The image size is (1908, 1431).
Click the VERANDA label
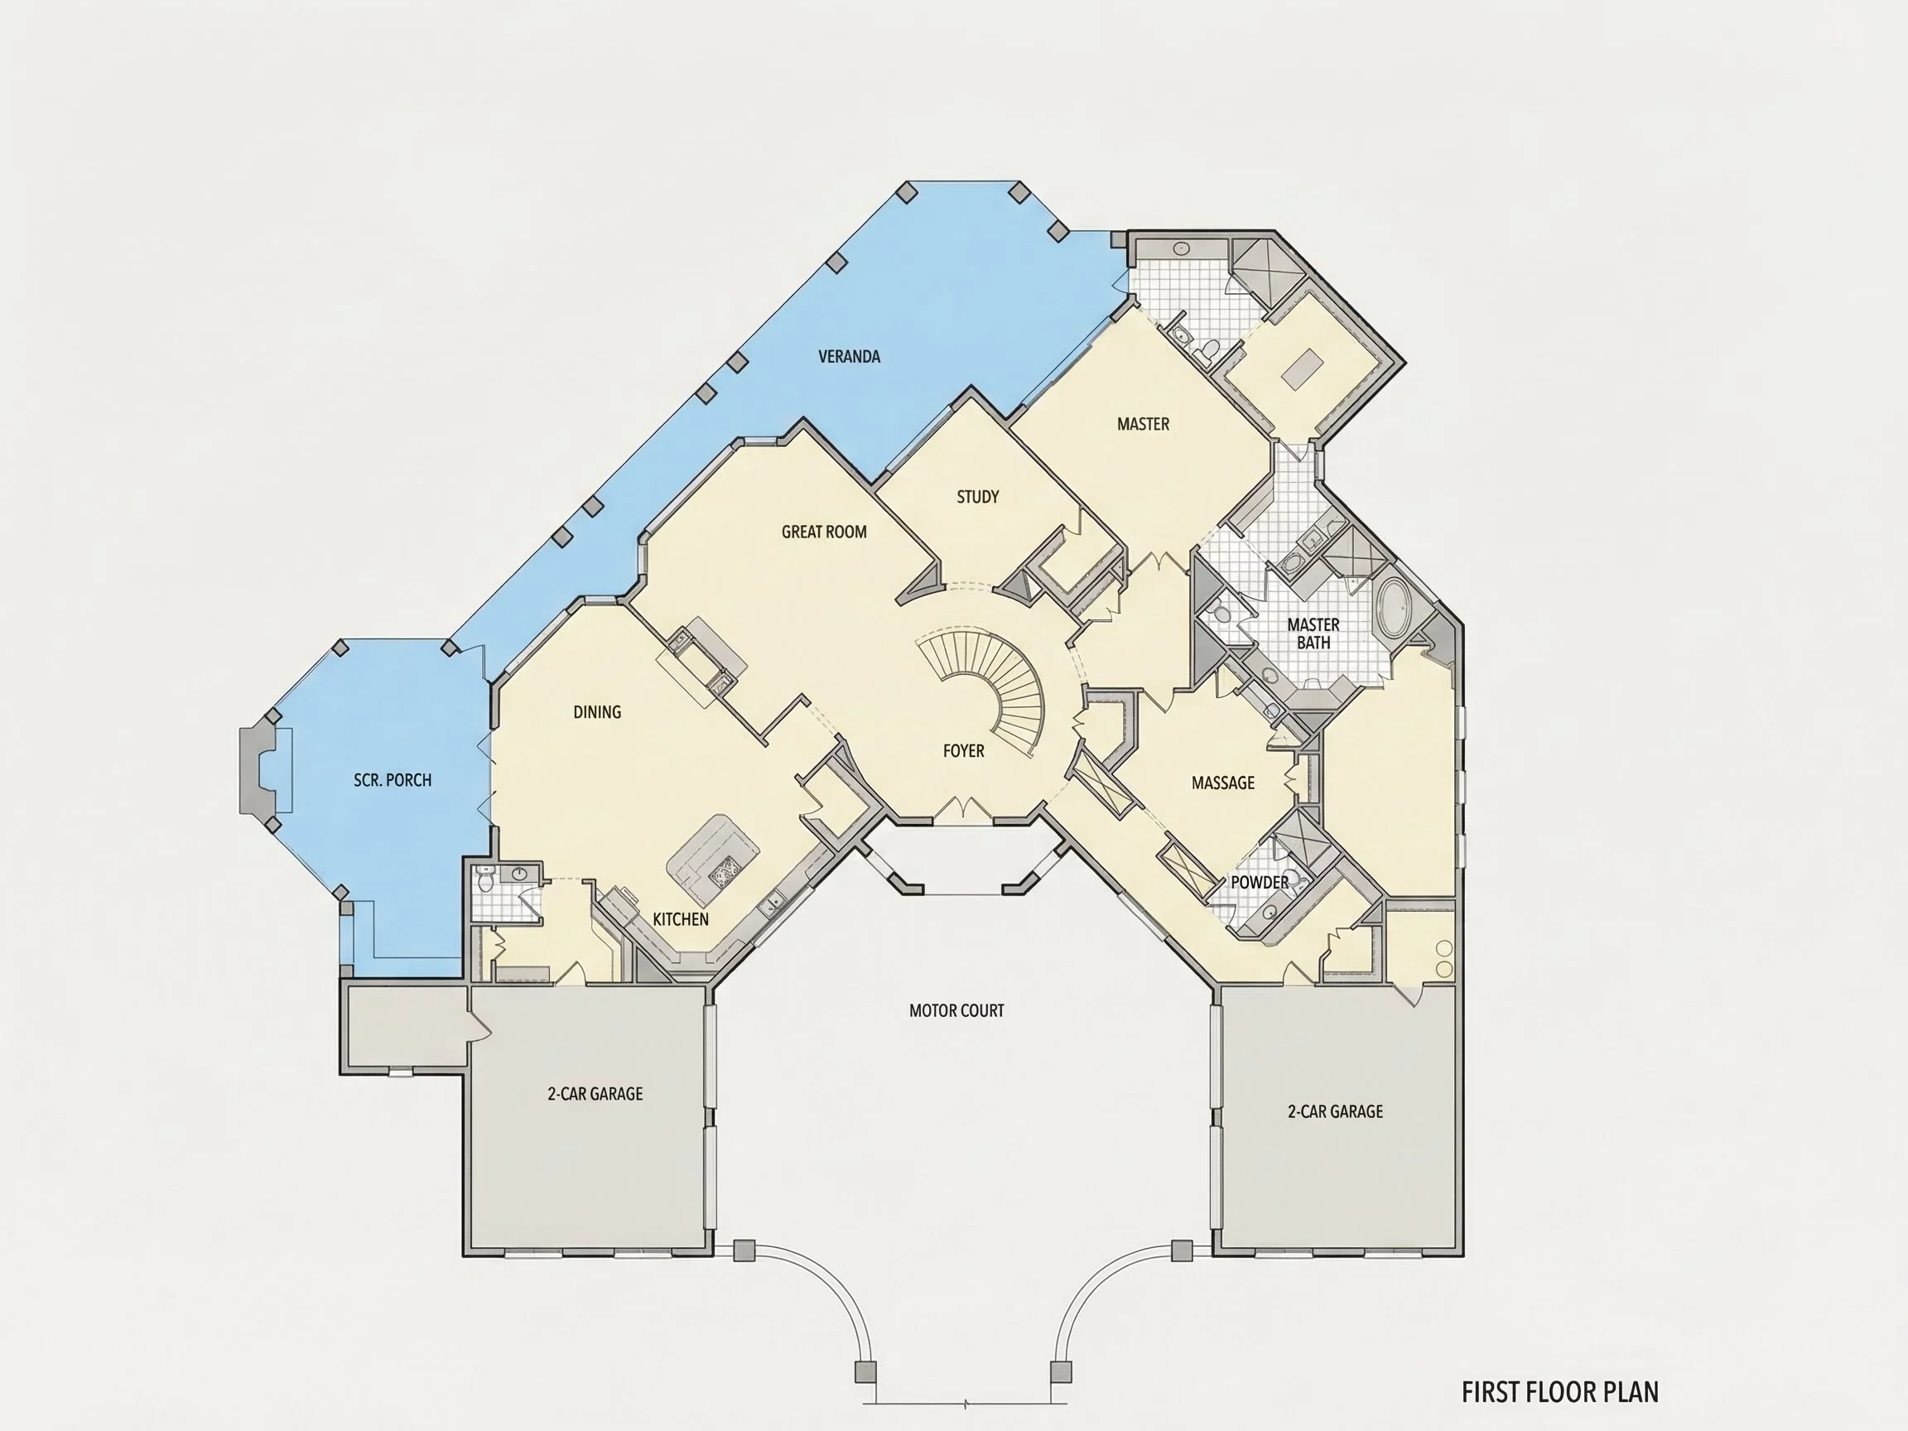point(849,356)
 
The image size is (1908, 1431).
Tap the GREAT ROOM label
point(824,532)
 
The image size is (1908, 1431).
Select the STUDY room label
point(977,497)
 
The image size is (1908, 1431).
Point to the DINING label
point(597,712)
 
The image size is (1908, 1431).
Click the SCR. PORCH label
point(393,781)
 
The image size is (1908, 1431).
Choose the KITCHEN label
point(681,919)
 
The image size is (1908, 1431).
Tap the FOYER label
point(963,751)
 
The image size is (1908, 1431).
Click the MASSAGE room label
point(1223,783)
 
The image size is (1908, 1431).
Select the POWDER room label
point(1260,883)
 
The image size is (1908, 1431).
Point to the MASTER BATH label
point(1313,634)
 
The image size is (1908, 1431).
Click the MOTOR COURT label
point(956,1011)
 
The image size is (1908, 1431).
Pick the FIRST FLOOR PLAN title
point(1560,1392)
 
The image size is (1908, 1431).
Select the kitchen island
point(714,860)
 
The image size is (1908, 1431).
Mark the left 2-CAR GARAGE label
point(595,1095)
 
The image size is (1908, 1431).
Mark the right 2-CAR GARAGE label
point(1335,1112)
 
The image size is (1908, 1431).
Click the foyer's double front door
point(963,810)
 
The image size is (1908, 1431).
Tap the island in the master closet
point(1303,369)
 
